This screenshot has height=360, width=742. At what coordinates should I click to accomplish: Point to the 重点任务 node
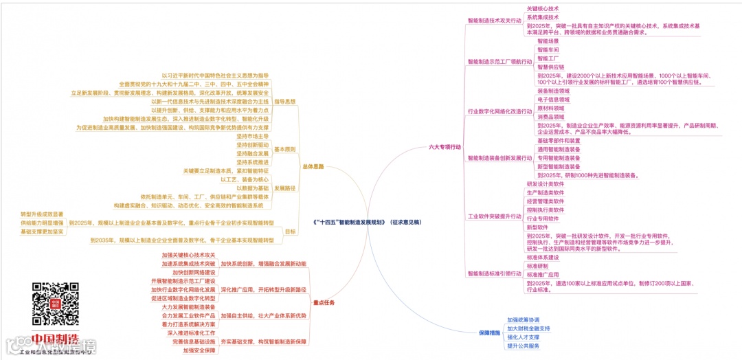click(x=324, y=302)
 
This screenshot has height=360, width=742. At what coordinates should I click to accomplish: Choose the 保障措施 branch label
click(x=489, y=333)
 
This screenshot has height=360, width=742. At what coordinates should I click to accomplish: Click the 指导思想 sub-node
click(x=285, y=101)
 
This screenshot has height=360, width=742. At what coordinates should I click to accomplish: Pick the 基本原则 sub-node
click(x=285, y=149)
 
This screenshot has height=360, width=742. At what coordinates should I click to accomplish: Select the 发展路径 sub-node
click(x=285, y=188)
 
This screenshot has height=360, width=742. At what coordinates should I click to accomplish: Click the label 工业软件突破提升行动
click(x=494, y=216)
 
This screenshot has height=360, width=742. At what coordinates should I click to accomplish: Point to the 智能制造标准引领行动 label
click(x=494, y=273)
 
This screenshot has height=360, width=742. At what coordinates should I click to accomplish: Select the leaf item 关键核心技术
click(x=543, y=8)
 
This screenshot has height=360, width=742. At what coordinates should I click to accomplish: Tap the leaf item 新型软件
click(x=537, y=227)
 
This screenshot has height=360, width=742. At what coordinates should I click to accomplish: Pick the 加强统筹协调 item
click(x=524, y=319)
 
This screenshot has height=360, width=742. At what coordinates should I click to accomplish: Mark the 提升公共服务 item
click(x=524, y=346)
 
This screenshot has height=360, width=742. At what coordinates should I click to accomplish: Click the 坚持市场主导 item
click(x=252, y=136)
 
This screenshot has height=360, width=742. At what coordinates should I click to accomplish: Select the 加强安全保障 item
click(x=199, y=350)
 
